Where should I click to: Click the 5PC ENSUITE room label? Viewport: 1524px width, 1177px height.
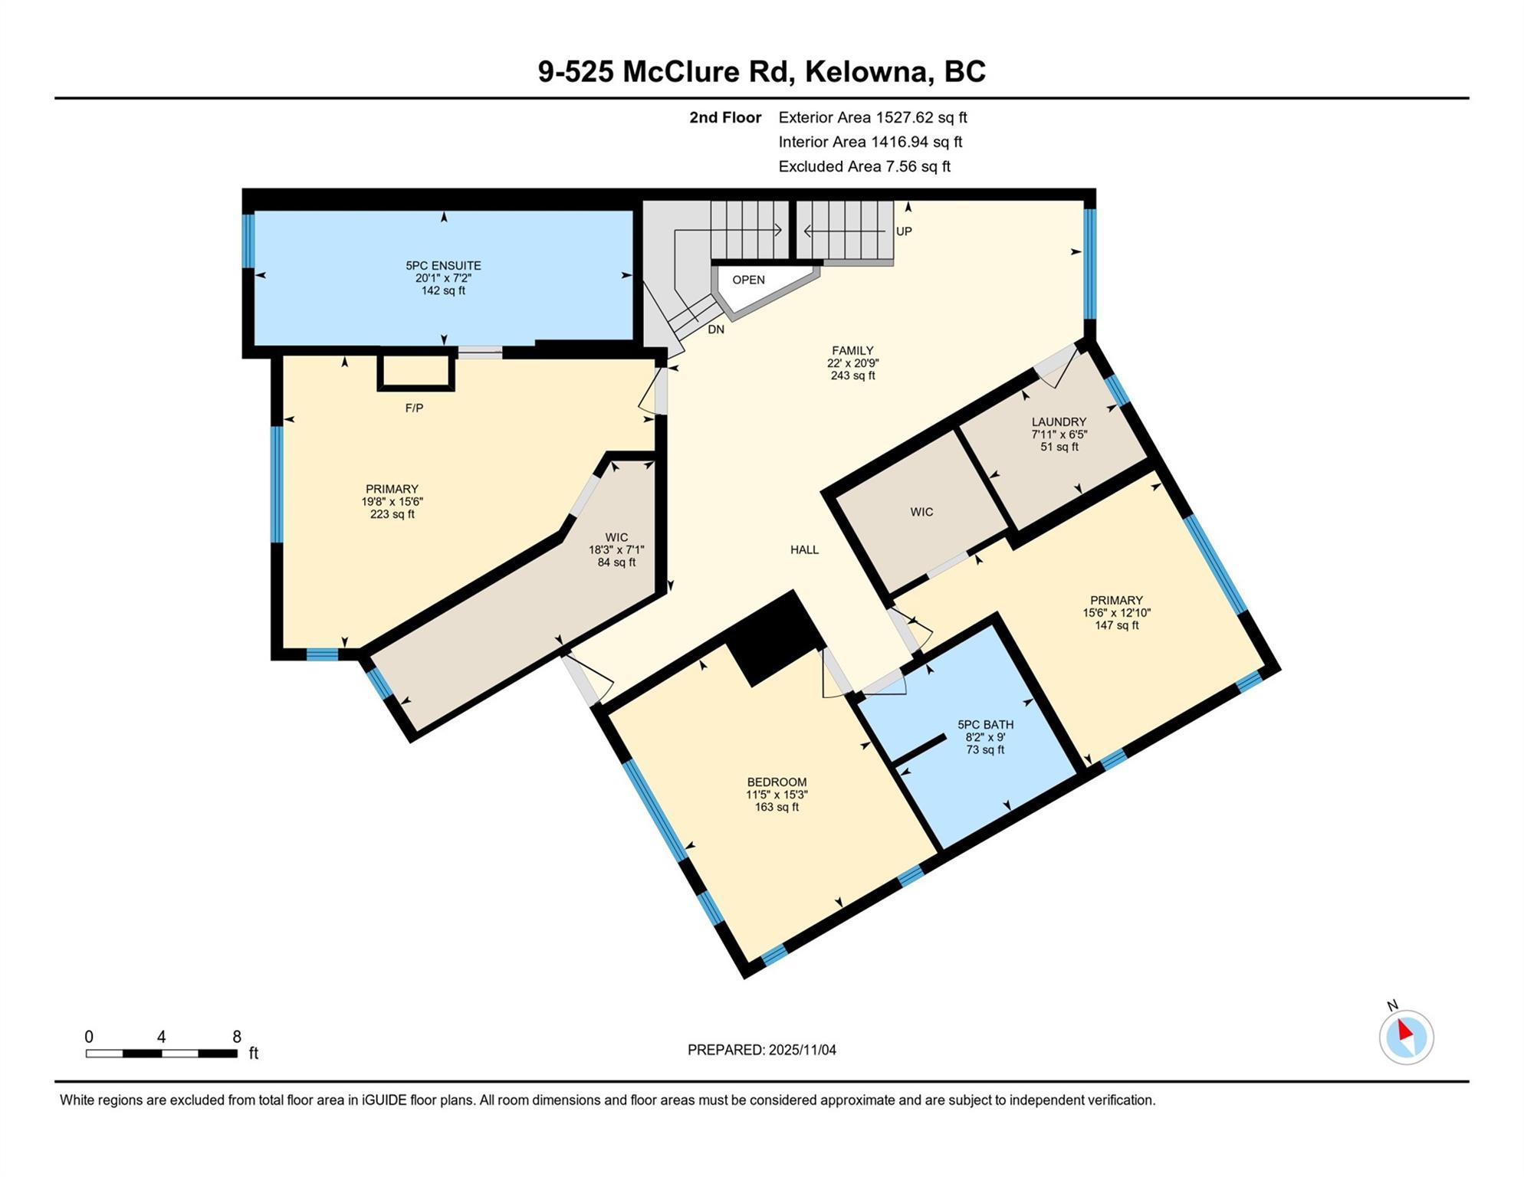click(443, 266)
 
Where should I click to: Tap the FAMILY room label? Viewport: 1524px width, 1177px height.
click(852, 351)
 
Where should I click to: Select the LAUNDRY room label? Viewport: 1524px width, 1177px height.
click(1059, 422)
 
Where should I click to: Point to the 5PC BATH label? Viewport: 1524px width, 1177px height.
click(985, 725)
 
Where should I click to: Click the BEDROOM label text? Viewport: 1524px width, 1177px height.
click(777, 782)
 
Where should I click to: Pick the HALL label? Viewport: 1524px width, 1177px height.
click(805, 550)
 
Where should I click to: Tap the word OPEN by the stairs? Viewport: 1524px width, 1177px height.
click(748, 280)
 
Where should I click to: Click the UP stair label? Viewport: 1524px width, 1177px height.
click(904, 231)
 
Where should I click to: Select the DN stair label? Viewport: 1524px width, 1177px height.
click(716, 330)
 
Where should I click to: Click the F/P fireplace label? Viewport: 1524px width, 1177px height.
click(414, 408)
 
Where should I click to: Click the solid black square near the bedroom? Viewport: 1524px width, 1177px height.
click(775, 639)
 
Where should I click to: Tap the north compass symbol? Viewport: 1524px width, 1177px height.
click(1407, 1038)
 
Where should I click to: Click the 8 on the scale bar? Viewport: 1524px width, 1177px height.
click(237, 1037)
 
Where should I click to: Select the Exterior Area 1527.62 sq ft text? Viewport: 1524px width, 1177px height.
click(872, 118)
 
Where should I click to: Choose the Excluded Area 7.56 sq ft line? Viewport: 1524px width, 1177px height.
click(865, 167)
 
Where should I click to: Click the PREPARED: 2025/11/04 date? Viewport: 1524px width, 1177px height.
click(761, 1051)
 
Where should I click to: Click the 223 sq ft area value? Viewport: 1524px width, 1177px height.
click(392, 515)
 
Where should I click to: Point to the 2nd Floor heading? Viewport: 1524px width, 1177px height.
click(725, 118)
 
